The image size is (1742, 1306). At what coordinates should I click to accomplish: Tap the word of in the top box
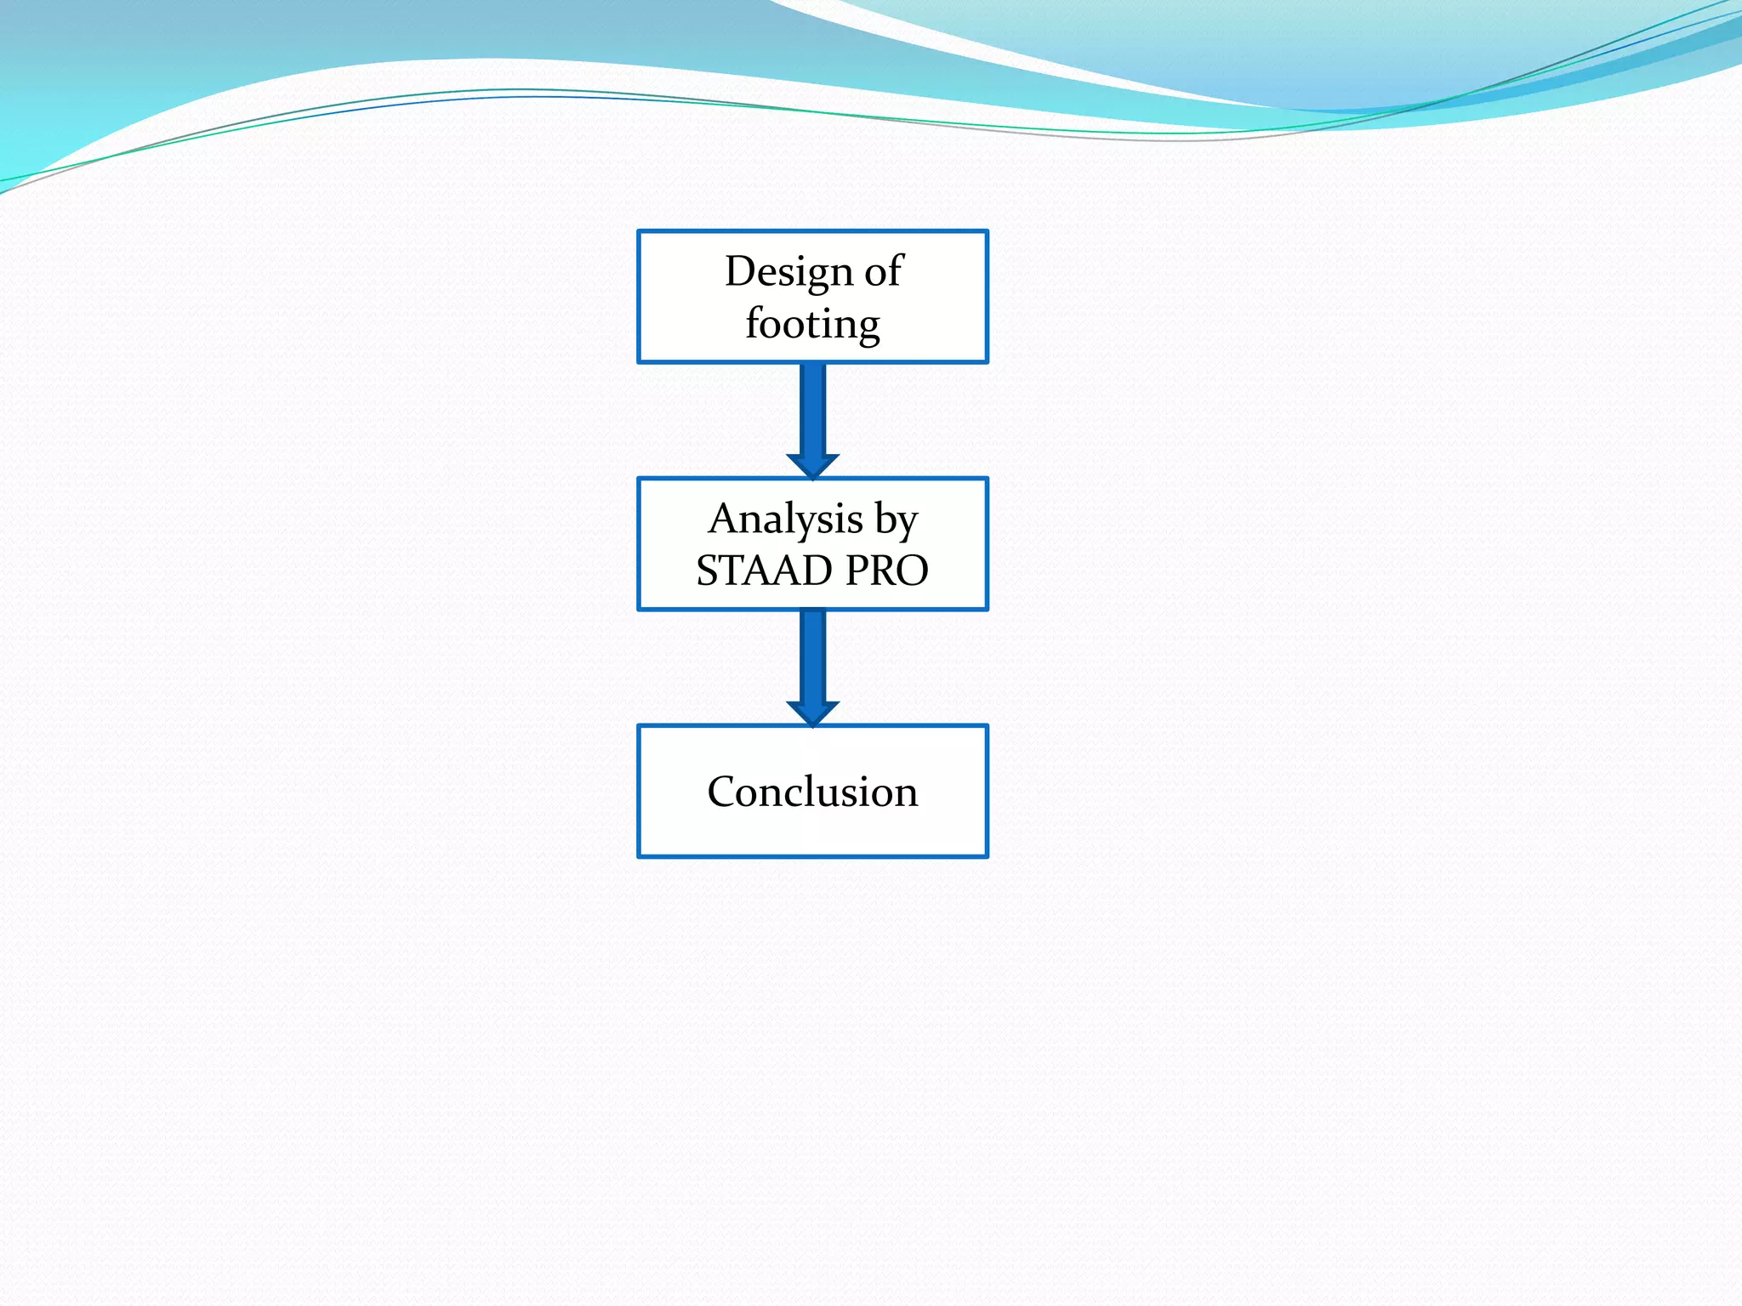[x=884, y=272]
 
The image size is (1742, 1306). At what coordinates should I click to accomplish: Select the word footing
[x=812, y=324]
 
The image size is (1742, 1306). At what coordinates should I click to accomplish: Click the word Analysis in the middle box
[x=785, y=520]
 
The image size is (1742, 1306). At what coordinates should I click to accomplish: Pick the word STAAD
[x=764, y=571]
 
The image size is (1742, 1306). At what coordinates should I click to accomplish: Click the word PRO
[x=887, y=571]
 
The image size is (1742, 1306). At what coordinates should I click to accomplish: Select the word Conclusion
[x=812, y=792]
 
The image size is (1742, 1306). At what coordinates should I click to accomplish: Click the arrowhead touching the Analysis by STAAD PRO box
[x=813, y=466]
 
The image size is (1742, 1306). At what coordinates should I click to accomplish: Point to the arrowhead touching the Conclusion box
[x=813, y=713]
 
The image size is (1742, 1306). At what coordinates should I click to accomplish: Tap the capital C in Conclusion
[x=723, y=792]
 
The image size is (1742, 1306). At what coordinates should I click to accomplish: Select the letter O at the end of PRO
[x=910, y=571]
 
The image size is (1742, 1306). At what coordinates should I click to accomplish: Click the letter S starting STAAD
[x=708, y=571]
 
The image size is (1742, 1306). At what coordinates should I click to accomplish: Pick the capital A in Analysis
[x=723, y=519]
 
